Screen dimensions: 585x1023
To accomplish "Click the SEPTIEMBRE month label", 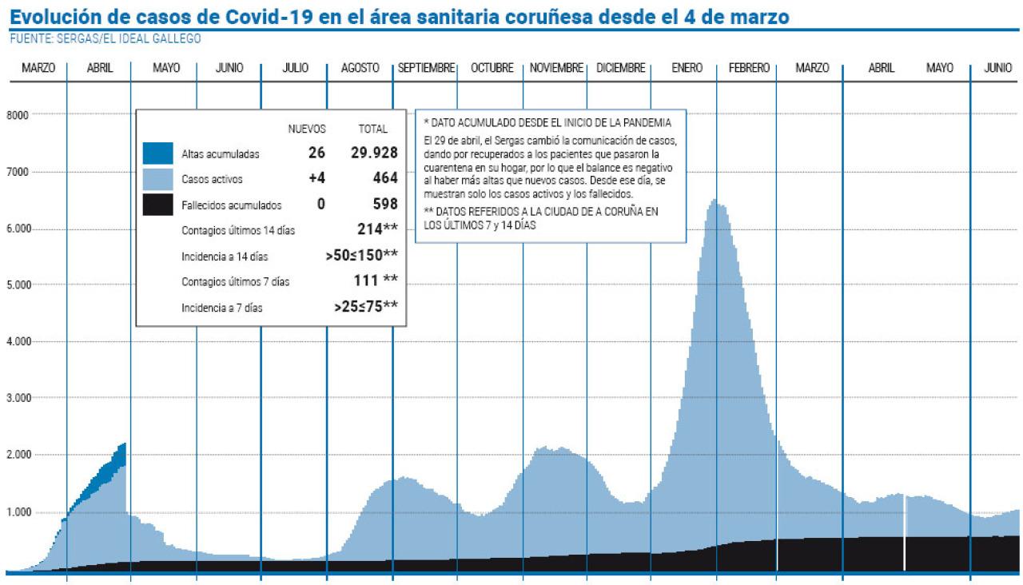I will [427, 69].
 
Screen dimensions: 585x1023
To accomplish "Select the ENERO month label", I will [687, 69].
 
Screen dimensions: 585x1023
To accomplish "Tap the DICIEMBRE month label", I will [621, 69].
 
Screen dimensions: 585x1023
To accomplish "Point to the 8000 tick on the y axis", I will [18, 115].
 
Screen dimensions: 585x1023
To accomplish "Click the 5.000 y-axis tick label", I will [18, 285].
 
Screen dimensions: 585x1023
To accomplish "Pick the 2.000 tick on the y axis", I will [18, 456].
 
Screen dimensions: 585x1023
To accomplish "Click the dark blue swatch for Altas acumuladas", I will [158, 153].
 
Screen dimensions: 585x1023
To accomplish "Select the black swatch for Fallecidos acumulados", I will [158, 204].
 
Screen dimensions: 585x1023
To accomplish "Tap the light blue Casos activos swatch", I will [158, 179].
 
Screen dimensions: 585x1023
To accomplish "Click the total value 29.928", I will [374, 153].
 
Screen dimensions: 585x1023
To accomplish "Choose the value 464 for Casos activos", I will [384, 178].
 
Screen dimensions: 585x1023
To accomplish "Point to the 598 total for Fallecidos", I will [384, 204].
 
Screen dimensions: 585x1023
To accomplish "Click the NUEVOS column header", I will [307, 129].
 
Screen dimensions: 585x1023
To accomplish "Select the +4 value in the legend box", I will [316, 178].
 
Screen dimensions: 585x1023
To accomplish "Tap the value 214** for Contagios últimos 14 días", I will [377, 230].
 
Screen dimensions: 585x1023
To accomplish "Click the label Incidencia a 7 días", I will [221, 307].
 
